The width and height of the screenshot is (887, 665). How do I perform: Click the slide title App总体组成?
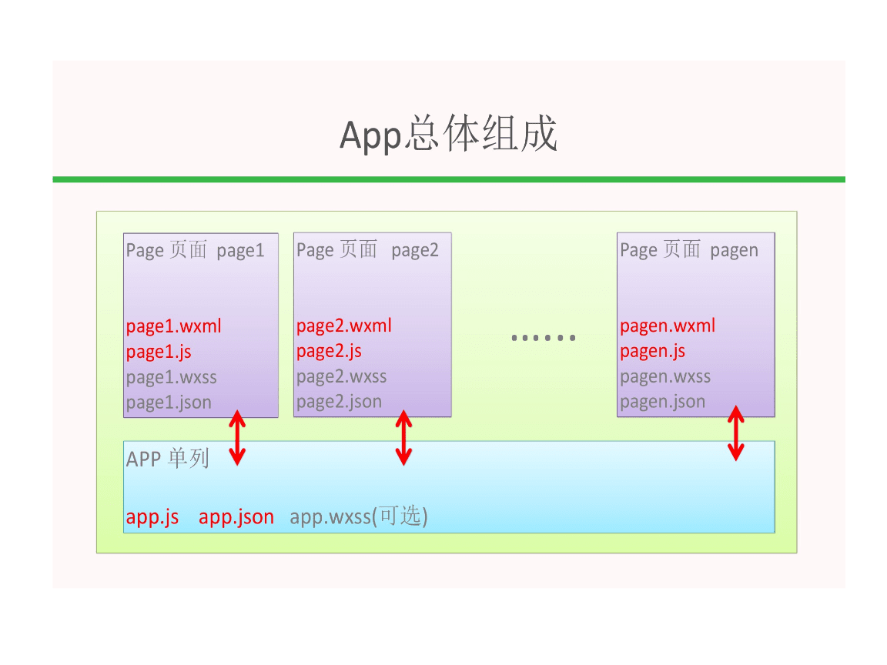click(x=448, y=135)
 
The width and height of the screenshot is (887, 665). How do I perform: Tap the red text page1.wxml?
click(x=173, y=326)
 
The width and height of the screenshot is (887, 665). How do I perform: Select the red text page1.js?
click(x=159, y=352)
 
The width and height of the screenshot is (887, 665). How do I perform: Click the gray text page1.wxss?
click(x=171, y=377)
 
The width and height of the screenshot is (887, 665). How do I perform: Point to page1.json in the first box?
click(x=169, y=402)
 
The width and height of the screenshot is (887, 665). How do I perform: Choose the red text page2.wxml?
click(x=343, y=326)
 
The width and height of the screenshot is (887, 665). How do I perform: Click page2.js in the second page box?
click(x=329, y=352)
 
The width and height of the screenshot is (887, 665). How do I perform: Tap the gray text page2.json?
click(x=339, y=402)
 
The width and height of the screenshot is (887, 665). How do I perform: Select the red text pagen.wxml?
click(x=667, y=326)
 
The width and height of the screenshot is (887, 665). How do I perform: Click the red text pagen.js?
click(x=652, y=352)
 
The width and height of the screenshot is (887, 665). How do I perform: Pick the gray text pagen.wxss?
click(x=664, y=377)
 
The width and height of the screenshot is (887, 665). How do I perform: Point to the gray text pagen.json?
click(x=662, y=402)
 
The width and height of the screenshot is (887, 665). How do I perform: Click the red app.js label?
click(x=152, y=517)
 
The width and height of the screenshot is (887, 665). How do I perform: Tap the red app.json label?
click(x=236, y=517)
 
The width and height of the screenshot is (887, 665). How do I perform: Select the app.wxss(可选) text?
click(x=359, y=517)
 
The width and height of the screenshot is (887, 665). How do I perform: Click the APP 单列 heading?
click(x=167, y=459)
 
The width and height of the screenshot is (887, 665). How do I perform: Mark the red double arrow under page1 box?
click(x=237, y=439)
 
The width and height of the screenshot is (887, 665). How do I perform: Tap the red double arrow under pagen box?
click(x=736, y=433)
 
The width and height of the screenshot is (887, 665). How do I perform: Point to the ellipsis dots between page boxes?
click(x=544, y=337)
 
